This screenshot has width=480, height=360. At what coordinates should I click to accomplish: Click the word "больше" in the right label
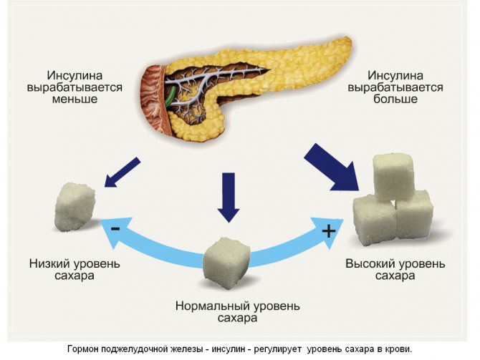pos(394,99)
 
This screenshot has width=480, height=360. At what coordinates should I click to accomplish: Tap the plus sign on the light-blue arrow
pos(329,231)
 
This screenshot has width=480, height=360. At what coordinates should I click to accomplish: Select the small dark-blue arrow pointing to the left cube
pos(123,172)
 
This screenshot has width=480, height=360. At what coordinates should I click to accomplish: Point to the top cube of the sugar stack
pos(393,175)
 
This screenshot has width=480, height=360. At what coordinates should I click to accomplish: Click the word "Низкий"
pos(48,263)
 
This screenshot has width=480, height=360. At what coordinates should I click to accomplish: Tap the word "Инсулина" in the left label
pos(74,74)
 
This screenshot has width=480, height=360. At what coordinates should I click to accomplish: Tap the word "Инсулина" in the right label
pos(394,74)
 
